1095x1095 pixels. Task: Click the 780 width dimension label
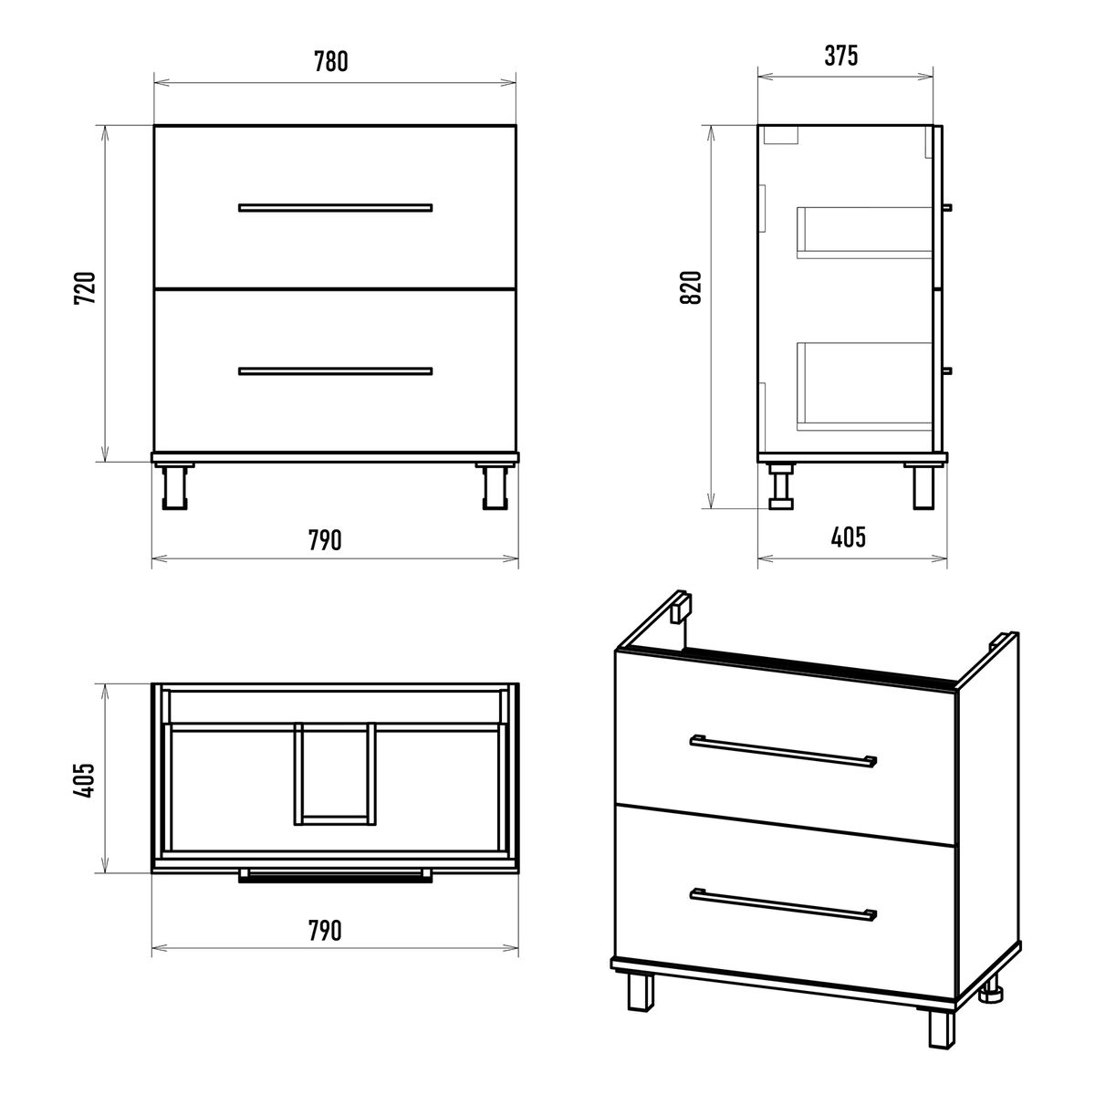[x=330, y=62]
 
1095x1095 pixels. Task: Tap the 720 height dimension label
[x=86, y=288]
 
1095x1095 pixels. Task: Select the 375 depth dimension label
[x=841, y=56]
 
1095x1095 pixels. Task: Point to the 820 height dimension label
[x=692, y=287]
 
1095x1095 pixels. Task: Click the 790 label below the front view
[x=325, y=540]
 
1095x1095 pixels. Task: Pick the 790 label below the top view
[x=325, y=930]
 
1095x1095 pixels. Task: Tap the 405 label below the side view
[x=849, y=537]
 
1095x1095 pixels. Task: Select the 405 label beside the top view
[x=85, y=780]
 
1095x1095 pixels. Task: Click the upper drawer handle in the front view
[x=335, y=207]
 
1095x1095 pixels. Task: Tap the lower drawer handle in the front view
[x=335, y=371]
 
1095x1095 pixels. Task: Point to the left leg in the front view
[x=174, y=487]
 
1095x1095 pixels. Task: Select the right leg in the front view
[x=495, y=487]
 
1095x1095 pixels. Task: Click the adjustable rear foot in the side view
[x=781, y=486]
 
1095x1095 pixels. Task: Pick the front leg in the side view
[x=923, y=487]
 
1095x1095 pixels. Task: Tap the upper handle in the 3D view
[x=783, y=751]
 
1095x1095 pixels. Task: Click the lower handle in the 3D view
[x=783, y=904]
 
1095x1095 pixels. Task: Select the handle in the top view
[x=335, y=876]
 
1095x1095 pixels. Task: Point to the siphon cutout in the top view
[x=335, y=774]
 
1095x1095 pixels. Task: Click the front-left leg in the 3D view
[x=641, y=993]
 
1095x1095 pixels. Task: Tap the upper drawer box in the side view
[x=864, y=233]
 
